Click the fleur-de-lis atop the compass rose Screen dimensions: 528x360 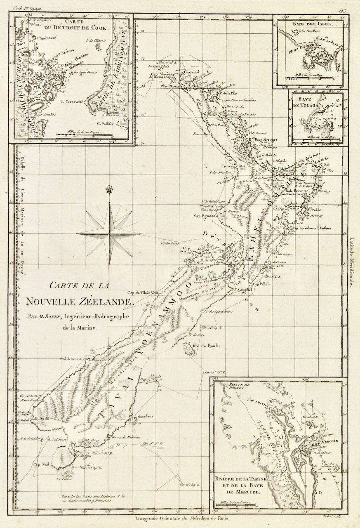[x=109, y=189]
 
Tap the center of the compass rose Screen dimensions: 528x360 [x=109, y=234]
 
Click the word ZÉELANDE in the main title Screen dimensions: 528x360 [x=108, y=302]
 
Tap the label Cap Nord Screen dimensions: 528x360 [x=191, y=72]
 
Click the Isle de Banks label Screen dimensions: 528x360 [x=204, y=345]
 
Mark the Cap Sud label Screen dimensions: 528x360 [x=42, y=465]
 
